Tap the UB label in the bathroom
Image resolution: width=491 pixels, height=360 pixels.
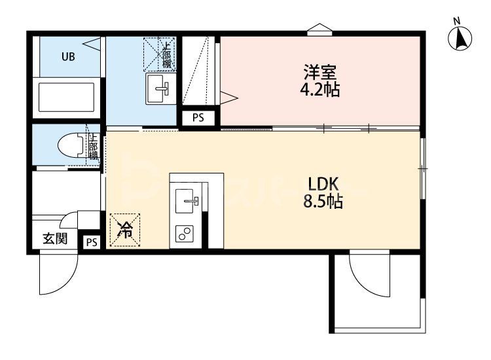[x=68, y=56]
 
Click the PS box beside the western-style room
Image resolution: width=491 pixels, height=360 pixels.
[x=197, y=118]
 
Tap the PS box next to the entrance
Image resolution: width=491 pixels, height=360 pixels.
[x=91, y=242]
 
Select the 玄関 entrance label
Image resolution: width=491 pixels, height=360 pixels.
[x=55, y=239]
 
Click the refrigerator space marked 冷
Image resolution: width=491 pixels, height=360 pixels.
[x=124, y=230]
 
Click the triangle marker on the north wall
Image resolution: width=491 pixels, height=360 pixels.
[x=319, y=28]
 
